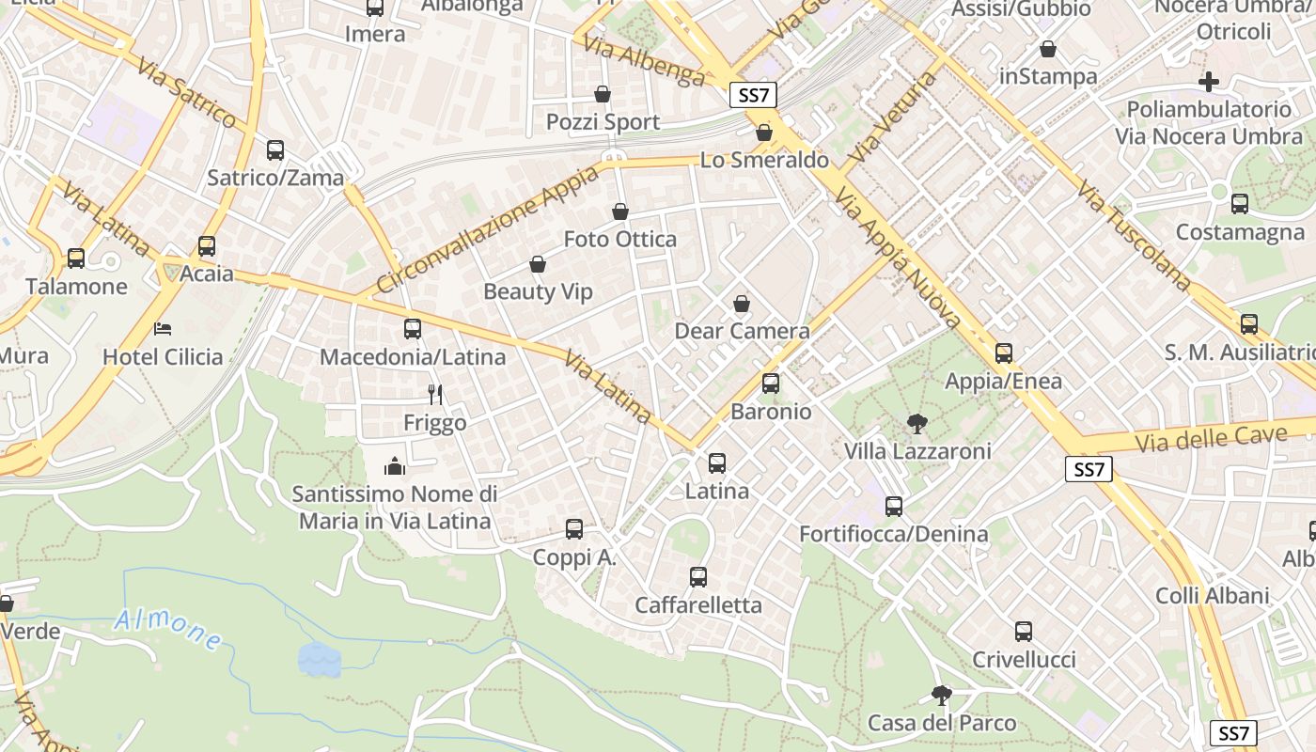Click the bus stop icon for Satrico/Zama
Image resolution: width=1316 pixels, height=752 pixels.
pos(275,149)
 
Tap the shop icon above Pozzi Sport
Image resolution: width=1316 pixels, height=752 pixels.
pos(603,94)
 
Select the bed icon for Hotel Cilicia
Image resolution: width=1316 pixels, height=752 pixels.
pos(163,329)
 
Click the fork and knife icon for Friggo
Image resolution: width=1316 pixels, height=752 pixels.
pos(434,395)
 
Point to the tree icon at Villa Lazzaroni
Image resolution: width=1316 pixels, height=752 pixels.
pos(916,424)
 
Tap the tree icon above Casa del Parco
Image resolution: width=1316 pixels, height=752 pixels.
pos(941,696)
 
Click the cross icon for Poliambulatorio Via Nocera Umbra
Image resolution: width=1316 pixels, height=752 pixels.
pos(1209,82)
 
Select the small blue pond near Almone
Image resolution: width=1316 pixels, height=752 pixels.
pos(319,659)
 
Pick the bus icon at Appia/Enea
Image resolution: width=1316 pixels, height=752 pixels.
pos(1004,353)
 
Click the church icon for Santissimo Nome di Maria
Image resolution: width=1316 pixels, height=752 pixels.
pos(395,465)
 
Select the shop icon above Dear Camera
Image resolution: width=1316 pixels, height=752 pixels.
pos(742,304)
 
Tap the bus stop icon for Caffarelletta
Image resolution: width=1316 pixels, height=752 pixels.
pos(698,577)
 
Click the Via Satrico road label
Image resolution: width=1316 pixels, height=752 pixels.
pos(186,92)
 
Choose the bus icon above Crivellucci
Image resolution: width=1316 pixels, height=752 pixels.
pos(1024,632)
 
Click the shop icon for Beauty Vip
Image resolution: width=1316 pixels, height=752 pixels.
pos(538,265)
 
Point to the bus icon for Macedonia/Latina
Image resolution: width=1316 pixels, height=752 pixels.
pos(413,329)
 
